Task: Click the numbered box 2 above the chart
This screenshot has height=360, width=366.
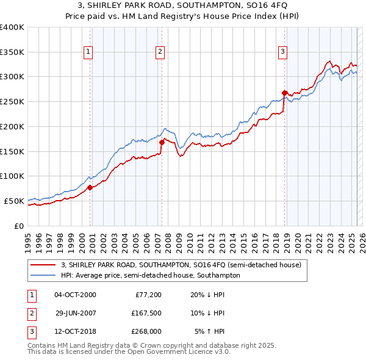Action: pos(160,52)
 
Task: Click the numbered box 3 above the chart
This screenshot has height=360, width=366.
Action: pos(283,52)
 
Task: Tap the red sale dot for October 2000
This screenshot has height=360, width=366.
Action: pos(90,187)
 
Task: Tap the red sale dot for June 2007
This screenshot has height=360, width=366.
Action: pos(162,143)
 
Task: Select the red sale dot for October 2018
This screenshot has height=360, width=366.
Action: pos(284,93)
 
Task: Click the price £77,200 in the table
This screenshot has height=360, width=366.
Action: pos(146,295)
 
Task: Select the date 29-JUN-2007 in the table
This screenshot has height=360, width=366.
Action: pos(76,314)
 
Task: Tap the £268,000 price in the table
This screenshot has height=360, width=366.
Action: pos(146,332)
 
